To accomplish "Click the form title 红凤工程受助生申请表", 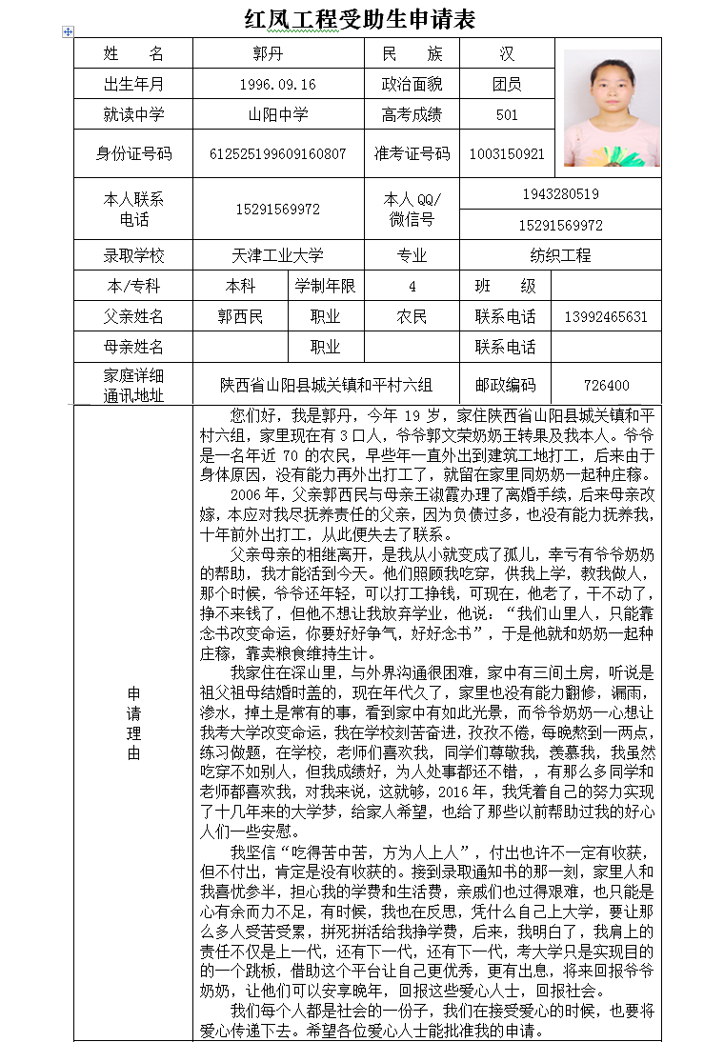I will coord(359,19).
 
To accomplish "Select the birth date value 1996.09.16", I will coord(278,85).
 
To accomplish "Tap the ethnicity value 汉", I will coord(507,54).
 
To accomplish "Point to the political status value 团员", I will coord(507,85).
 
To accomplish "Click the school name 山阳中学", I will coord(278,115).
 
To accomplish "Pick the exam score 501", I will coord(507,115).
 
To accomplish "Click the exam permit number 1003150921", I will coord(507,153).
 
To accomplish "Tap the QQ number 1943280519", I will coord(560,194).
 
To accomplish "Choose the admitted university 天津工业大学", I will coord(278,255).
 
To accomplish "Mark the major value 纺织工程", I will coord(560,255).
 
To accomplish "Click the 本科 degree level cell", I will coord(240,286).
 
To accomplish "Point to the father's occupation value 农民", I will coord(412,316).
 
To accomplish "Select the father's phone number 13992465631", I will coord(606,316).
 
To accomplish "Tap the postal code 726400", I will coord(606,386).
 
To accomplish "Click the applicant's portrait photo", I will coord(612,108).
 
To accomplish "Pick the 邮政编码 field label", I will coord(505,386).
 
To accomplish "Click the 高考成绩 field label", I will coord(412,115).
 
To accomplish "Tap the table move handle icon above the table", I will coord(68,32).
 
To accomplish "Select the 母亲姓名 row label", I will coord(133,347).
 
